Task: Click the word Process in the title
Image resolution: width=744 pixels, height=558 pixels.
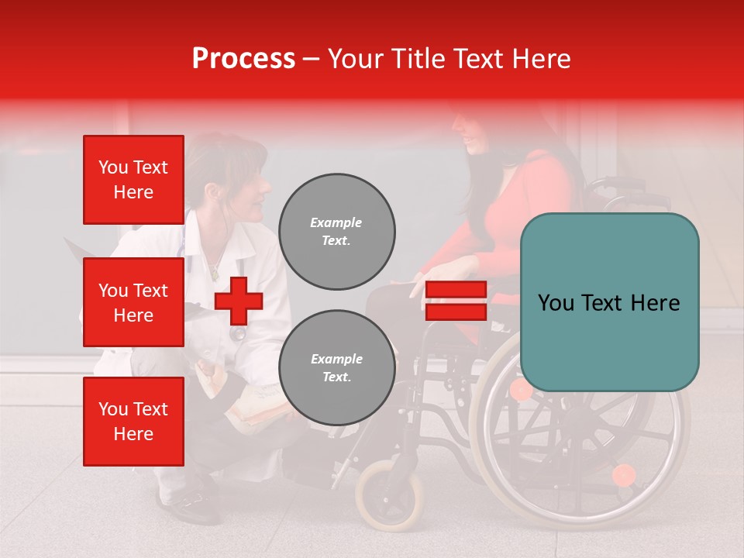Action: coord(243,59)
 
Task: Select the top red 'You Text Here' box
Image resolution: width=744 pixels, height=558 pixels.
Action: coord(133,180)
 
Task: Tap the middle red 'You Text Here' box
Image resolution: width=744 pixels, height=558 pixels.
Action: coord(133,302)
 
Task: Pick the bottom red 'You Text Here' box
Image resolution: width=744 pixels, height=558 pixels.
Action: coord(133,422)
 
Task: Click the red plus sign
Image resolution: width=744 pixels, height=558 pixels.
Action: coord(239,301)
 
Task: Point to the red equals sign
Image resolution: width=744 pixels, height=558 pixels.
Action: coord(456,301)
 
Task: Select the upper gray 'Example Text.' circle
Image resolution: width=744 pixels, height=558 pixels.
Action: coord(336,232)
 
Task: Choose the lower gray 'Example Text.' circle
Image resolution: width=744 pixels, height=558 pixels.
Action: coord(336,368)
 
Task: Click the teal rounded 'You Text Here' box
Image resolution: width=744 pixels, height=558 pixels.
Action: coord(609,302)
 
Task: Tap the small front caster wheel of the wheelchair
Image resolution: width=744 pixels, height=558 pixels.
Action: coord(390,494)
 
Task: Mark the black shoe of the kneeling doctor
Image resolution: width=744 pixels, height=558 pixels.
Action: coord(190,508)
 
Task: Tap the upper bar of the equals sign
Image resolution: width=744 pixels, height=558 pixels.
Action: coord(456,290)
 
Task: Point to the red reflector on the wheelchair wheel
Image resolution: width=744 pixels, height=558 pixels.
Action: coord(623,474)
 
